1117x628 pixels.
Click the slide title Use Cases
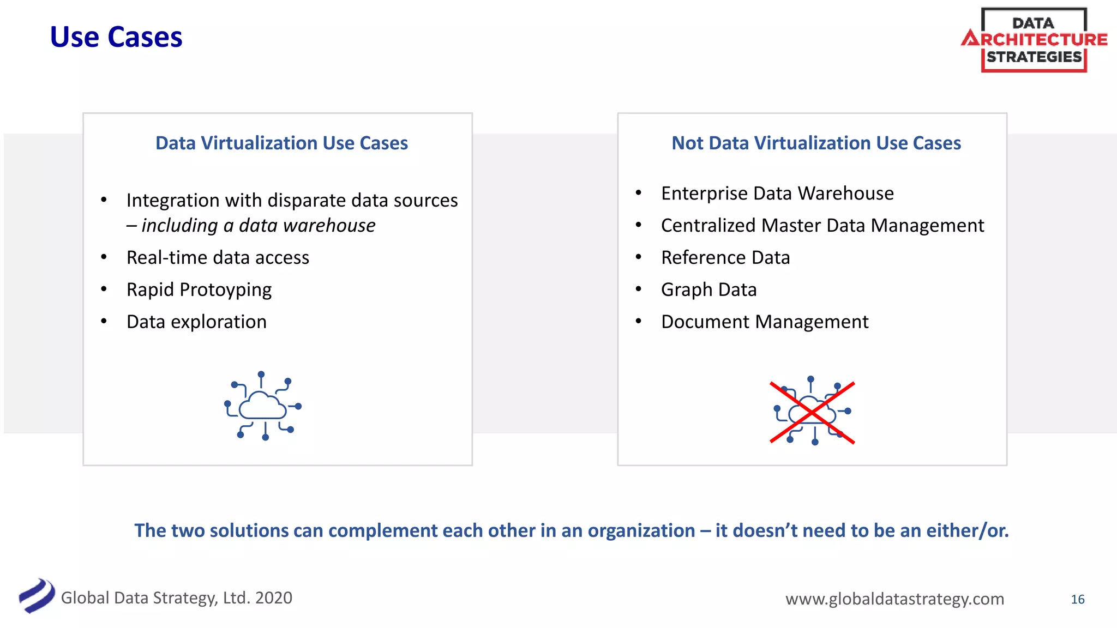click(116, 37)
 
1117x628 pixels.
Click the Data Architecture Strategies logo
click(1034, 40)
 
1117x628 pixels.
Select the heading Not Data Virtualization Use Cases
click(816, 143)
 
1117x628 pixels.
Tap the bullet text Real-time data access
click(218, 257)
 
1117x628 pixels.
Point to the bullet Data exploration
click(196, 322)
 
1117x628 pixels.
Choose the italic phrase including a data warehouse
click(258, 225)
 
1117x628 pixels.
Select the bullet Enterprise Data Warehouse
click(777, 193)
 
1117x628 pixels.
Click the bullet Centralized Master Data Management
click(822, 225)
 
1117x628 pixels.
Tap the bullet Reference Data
click(725, 257)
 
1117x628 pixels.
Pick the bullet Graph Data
click(708, 289)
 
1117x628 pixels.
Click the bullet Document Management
click(764, 322)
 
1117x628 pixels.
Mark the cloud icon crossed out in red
click(812, 412)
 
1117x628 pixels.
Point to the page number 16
click(1077, 599)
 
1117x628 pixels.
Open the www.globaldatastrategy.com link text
click(894, 599)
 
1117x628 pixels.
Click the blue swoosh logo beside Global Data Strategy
click(37, 595)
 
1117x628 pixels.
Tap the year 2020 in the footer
click(274, 598)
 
